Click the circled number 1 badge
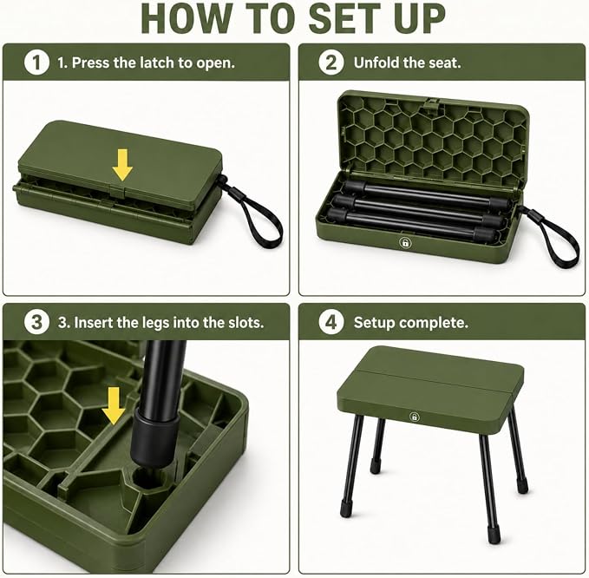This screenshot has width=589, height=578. click(36, 62)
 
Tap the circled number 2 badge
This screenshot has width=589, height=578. click(331, 62)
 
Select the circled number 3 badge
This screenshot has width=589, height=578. click(36, 323)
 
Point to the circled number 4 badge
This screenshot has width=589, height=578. click(331, 323)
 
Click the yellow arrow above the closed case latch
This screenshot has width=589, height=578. click(122, 165)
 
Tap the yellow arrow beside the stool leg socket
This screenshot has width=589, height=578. click(114, 406)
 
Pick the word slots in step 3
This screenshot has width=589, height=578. click(246, 323)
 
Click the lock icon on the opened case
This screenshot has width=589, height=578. click(405, 242)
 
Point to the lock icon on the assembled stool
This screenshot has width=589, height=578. click(415, 417)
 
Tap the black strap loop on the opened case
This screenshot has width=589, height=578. click(553, 236)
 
